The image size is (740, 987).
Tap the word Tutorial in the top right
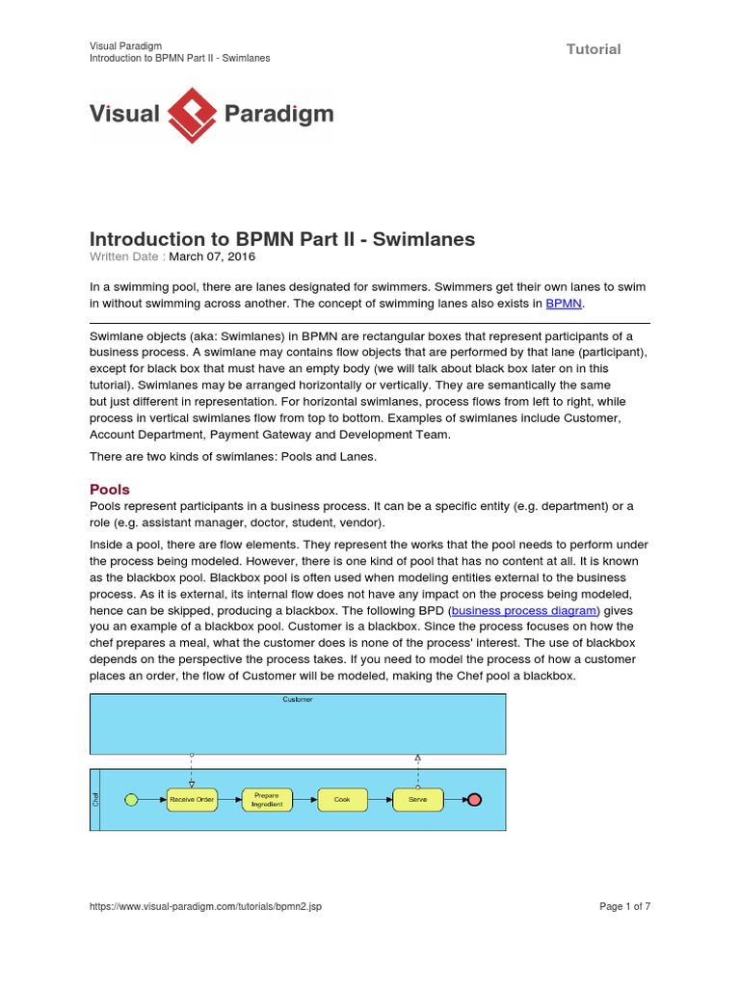tap(594, 49)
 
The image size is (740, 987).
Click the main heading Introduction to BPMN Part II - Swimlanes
tap(282, 239)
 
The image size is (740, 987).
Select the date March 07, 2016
tap(212, 257)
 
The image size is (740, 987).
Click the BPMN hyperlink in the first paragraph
tap(564, 304)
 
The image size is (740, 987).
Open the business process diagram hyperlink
tap(525, 611)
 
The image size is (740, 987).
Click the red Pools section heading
tap(110, 489)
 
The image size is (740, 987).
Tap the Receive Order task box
tap(192, 800)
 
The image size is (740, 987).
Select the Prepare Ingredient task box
tap(267, 800)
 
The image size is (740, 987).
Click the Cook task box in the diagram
tap(342, 800)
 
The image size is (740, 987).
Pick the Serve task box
tap(417, 800)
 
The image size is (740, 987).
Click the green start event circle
tap(132, 800)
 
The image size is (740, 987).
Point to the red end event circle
tap(473, 800)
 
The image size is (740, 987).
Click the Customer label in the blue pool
tap(297, 699)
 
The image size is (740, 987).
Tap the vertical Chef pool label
tap(95, 799)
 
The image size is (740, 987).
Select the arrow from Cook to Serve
tap(380, 800)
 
